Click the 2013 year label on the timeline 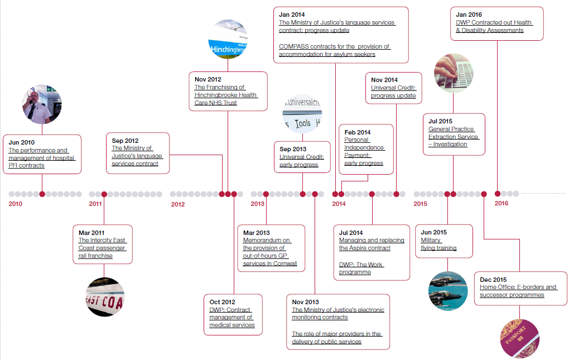[257, 204]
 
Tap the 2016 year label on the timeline [502, 203]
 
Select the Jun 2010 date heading [21, 143]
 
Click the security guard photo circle [42, 104]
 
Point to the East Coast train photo [104, 296]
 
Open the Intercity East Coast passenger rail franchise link [102, 248]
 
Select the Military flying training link [438, 244]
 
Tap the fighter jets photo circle [448, 291]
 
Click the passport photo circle [520, 338]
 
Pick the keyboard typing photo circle [453, 74]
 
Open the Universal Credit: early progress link [301, 161]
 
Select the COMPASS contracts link [334, 50]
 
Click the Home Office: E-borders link [518, 291]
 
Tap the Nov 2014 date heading [384, 80]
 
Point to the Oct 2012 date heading [222, 302]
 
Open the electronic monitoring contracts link [337, 313]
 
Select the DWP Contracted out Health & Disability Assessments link [494, 26]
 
